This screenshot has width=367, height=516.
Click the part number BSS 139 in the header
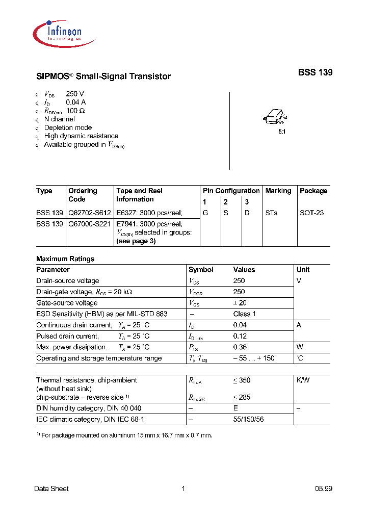click(315, 72)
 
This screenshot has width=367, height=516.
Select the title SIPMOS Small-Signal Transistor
click(103, 76)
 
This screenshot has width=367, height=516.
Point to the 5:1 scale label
click(281, 132)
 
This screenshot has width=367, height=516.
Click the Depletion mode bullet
click(68, 127)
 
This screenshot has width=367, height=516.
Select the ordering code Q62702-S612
click(90, 213)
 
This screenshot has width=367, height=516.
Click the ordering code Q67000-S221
click(90, 224)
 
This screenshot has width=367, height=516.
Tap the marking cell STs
click(271, 213)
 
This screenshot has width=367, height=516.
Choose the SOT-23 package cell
click(311, 213)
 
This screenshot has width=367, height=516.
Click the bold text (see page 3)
click(136, 241)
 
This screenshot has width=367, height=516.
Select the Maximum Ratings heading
click(65, 259)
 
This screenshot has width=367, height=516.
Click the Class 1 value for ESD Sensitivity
click(245, 314)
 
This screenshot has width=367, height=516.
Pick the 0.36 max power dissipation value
click(239, 347)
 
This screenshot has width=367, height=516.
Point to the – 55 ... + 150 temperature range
click(254, 358)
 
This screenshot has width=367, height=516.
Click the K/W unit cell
click(303, 380)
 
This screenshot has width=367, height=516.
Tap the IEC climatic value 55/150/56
click(249, 419)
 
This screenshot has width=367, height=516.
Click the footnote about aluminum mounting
click(124, 435)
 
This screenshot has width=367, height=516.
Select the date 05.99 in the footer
click(323, 488)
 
